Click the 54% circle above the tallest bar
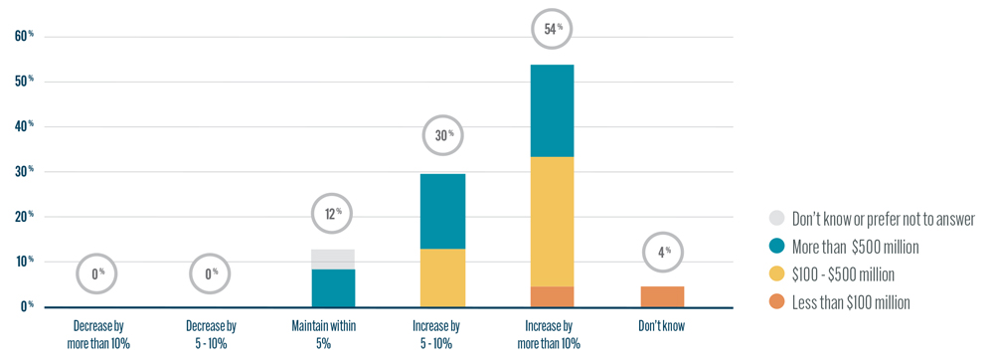click(x=552, y=30)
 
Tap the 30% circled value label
click(x=442, y=134)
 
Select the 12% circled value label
click(x=332, y=213)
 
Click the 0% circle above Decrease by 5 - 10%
click(x=210, y=272)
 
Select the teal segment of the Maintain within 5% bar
click(x=333, y=287)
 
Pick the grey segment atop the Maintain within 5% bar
click(x=333, y=259)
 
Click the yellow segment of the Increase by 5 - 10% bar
click(x=442, y=277)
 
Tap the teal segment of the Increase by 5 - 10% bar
click(x=442, y=211)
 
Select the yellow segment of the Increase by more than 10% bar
click(x=552, y=222)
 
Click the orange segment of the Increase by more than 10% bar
click(x=552, y=296)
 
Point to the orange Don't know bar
click(x=662, y=296)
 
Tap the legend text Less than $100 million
click(x=851, y=302)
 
